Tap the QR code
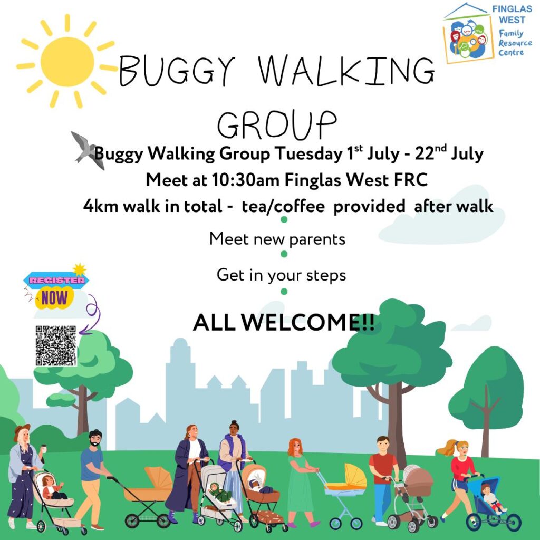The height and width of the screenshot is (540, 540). tap(56, 346)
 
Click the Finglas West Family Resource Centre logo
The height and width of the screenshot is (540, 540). tap(487, 33)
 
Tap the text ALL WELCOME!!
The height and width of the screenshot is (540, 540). tap(284, 323)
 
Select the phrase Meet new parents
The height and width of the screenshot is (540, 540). tap(277, 239)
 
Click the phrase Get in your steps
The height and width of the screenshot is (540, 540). tap(281, 275)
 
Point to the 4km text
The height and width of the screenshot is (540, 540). tap(100, 206)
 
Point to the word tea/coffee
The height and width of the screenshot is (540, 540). tap(283, 206)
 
